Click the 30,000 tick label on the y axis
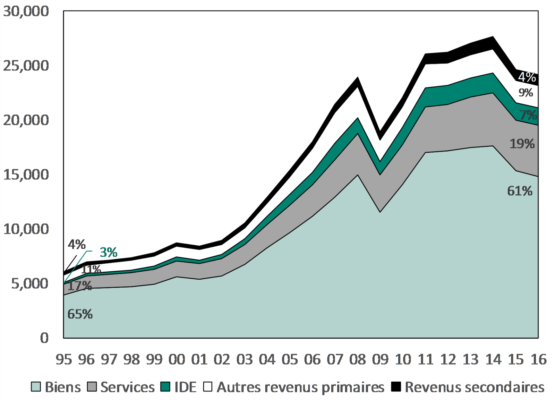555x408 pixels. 26,11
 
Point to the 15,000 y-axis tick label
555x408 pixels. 26,175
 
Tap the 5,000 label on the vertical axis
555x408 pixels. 29,283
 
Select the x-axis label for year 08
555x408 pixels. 358,359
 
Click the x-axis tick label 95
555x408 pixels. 64,359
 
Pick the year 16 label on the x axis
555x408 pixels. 538,359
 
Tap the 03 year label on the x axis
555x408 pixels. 245,359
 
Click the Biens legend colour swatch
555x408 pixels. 36,387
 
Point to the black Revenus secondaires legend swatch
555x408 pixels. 396,387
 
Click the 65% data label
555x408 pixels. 80,314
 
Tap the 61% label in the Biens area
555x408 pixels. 520,191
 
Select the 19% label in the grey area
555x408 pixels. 522,144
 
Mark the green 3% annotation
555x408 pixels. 108,252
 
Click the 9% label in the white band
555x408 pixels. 526,93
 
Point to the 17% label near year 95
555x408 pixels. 79,286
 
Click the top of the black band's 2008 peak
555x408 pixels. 358,78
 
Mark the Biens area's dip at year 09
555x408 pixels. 380,212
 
